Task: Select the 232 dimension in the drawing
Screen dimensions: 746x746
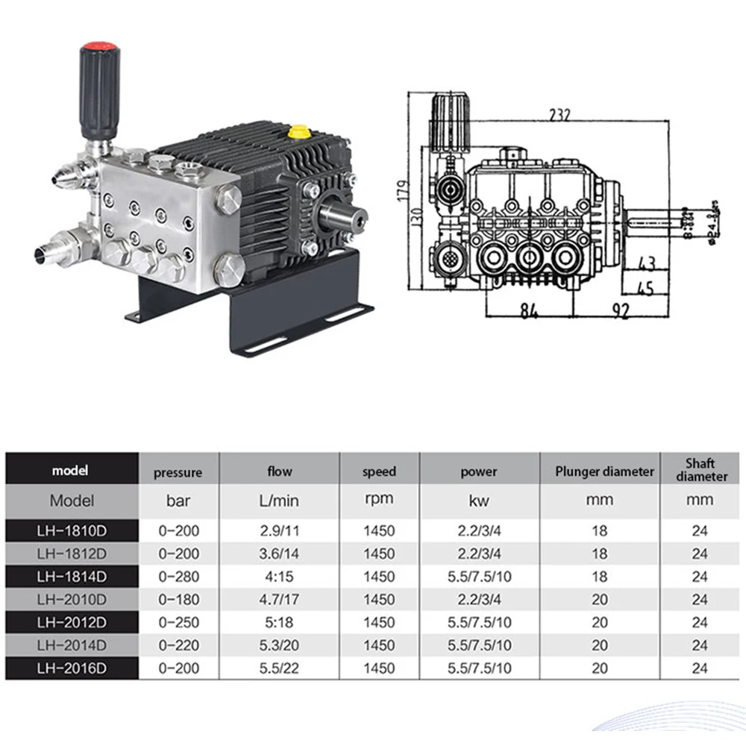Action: pyautogui.click(x=558, y=114)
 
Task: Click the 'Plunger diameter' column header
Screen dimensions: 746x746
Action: pyautogui.click(x=604, y=471)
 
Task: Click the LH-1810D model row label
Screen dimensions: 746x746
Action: pyautogui.click(x=72, y=531)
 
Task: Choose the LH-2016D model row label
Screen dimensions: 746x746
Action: pyautogui.click(x=72, y=668)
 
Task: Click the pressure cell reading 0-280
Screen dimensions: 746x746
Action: pyautogui.click(x=178, y=577)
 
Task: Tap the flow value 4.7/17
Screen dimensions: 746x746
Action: pyautogui.click(x=279, y=599)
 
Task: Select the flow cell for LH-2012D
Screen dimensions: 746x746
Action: pyautogui.click(x=279, y=622)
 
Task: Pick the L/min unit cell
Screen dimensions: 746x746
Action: pyautogui.click(x=279, y=500)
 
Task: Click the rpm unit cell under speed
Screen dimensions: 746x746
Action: pyautogui.click(x=379, y=500)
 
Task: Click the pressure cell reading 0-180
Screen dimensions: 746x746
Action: pyautogui.click(x=178, y=599)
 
